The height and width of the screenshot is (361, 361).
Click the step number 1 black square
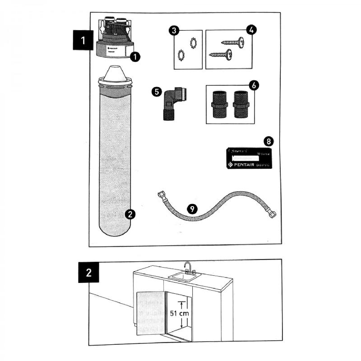83,40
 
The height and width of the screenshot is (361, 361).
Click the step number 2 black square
88,273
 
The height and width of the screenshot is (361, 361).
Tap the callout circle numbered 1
134,56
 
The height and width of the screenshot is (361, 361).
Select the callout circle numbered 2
130,214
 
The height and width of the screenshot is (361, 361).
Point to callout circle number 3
174,31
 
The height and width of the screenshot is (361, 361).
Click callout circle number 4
251,31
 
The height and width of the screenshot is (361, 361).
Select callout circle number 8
268,141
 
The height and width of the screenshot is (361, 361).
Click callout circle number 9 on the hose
193,209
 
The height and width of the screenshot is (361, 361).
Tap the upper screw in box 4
233,42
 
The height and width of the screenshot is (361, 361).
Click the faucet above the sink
188,267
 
